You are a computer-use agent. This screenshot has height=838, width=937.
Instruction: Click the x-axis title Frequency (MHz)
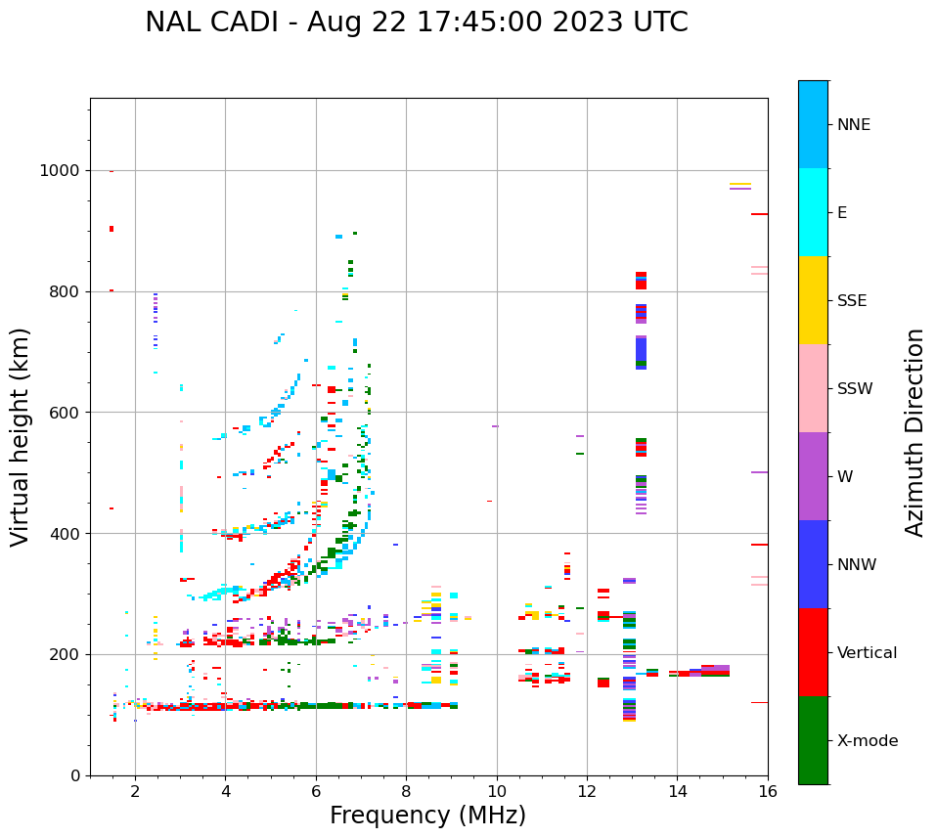pos(427,816)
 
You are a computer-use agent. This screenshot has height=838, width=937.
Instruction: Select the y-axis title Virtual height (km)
pos(21,437)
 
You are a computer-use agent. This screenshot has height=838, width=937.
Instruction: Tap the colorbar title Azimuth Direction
pos(915,432)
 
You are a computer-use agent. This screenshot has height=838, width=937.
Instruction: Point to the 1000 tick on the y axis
pos(60,170)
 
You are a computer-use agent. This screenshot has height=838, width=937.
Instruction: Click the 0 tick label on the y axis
pos(75,775)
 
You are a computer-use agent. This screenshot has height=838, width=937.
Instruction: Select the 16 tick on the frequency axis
pos(768,791)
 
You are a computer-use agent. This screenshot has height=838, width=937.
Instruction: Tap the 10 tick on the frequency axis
pos(496,791)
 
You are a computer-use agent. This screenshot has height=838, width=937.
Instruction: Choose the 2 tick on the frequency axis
pos(135,791)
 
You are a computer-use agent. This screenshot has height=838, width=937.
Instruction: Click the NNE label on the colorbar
pos(853,125)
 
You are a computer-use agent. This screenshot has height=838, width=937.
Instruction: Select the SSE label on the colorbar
pos(851,301)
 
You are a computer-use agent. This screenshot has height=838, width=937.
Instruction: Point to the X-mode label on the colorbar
pos(867,741)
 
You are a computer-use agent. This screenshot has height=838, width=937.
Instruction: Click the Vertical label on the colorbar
pos(867,653)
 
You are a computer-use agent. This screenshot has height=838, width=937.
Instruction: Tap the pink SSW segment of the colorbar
pos(813,388)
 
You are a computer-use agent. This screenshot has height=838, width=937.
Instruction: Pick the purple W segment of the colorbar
pos(813,476)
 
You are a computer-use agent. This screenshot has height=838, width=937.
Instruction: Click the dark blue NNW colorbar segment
pos(813,564)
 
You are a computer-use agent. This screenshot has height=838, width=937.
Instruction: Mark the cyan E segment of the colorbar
pos(813,212)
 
